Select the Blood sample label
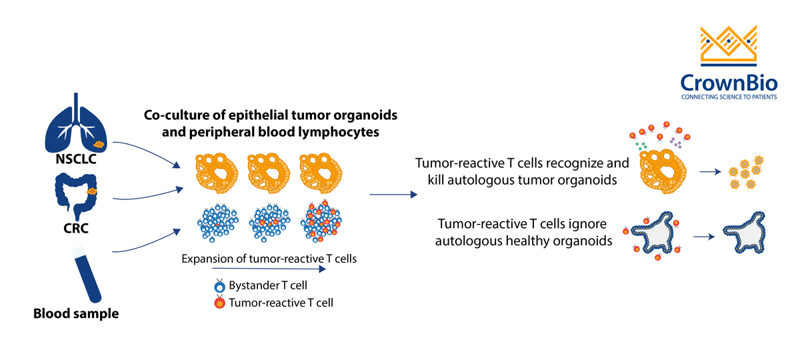point(76,312)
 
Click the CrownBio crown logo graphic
point(729,47)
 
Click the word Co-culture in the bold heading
point(176,115)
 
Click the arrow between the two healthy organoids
point(707,236)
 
